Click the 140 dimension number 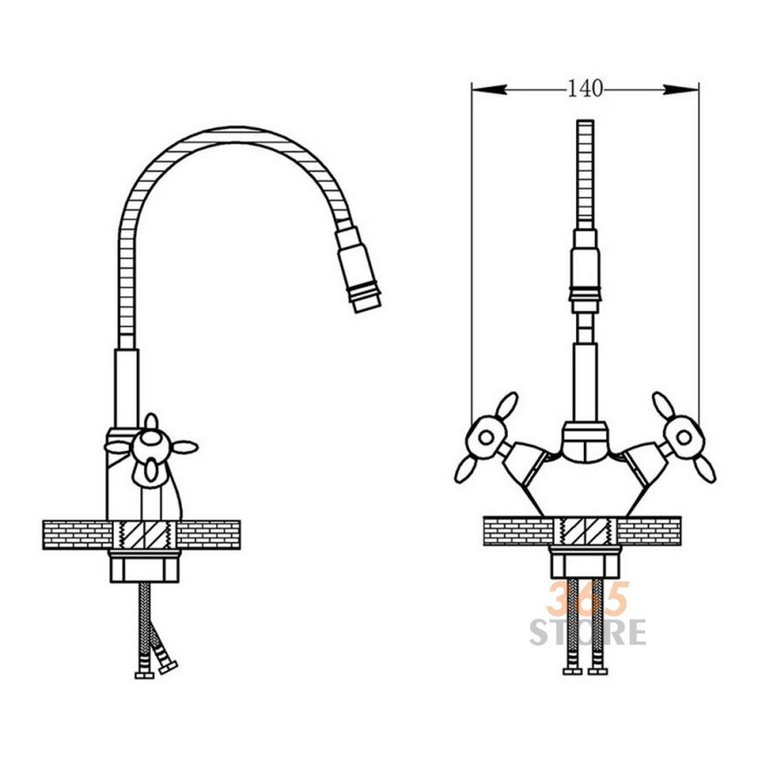click(x=585, y=89)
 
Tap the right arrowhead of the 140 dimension click(x=680, y=90)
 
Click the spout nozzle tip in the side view click(x=368, y=302)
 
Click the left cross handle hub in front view click(x=486, y=438)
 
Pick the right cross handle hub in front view click(x=683, y=437)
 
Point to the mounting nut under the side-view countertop click(x=145, y=566)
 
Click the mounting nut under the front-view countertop click(x=585, y=563)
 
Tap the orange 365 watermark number click(x=588, y=599)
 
